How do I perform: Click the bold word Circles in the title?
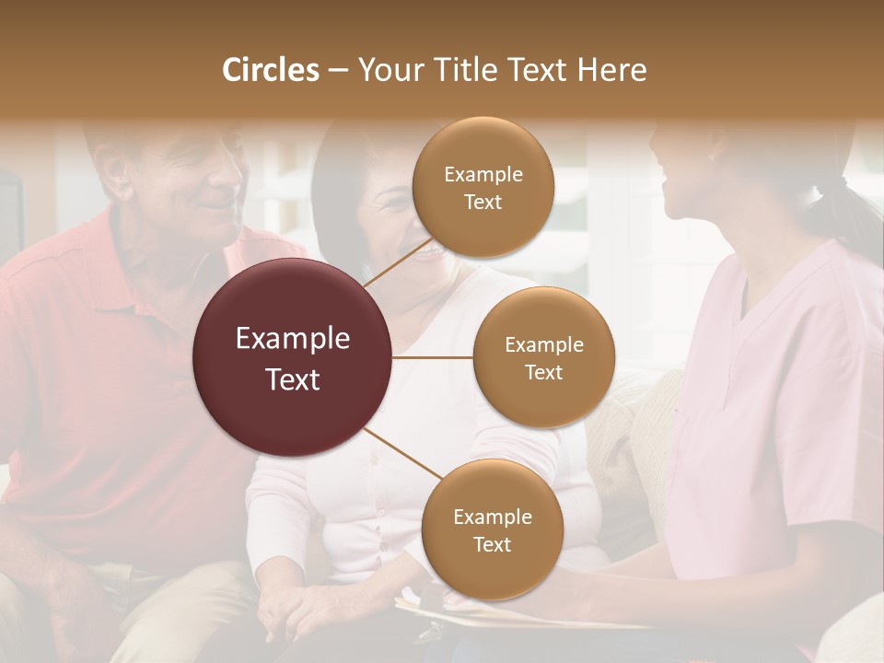pos(271,70)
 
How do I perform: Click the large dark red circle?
pos(293,357)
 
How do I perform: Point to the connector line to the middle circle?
pos(433,357)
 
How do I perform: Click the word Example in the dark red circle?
pos(293,339)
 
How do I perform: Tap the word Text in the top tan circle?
pos(483,203)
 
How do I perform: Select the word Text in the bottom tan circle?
pos(492,544)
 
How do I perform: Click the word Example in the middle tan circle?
pos(543,345)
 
